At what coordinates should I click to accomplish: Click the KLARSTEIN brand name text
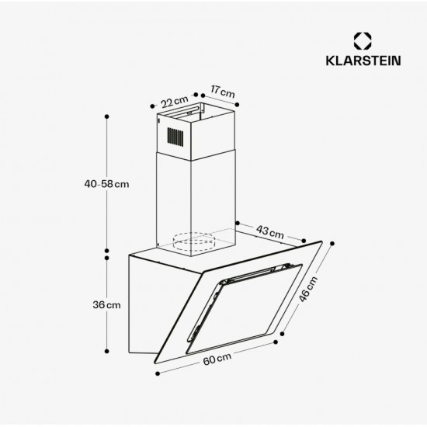coord(363,61)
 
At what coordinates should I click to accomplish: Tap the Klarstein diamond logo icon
coord(363,41)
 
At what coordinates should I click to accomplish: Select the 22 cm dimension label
coord(174,102)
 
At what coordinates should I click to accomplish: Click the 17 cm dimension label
coord(223,92)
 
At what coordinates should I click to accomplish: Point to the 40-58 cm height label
coord(106,184)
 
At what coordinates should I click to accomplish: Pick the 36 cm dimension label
coord(106,305)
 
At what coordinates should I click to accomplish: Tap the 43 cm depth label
coord(270,232)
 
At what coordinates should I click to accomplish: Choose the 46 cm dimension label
coord(308,289)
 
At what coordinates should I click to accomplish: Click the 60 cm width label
coord(217,359)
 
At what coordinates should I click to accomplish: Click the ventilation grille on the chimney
coord(175,137)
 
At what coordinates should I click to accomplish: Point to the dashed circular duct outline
coord(194,241)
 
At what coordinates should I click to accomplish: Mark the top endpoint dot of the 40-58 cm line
coord(107,116)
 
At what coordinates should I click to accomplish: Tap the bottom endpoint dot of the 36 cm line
coord(107,352)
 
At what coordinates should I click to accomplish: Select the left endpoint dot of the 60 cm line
coord(158,373)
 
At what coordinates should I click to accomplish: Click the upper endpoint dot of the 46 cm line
coord(332,244)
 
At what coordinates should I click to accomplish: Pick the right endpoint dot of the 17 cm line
coord(237,105)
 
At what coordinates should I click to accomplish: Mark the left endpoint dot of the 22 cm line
coord(152,106)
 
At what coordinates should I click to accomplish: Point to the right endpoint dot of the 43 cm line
coord(304,241)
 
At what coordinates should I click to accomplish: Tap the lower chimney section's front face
coord(174,202)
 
